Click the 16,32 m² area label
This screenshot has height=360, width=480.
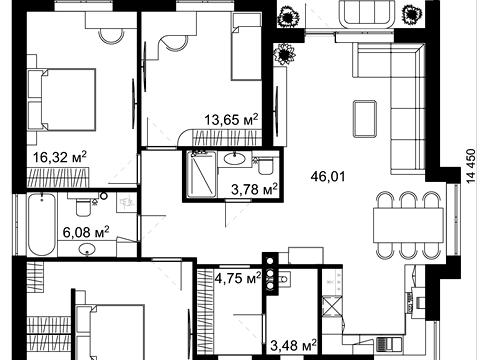coord(60,157)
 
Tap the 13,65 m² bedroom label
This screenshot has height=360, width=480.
coord(231,119)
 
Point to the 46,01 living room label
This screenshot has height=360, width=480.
coord(328,176)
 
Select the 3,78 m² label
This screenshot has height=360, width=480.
coord(254,189)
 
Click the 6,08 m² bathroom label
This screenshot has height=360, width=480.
coord(86,232)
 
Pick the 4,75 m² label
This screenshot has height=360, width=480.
coord(238,278)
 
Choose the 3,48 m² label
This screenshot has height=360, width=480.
coord(293,345)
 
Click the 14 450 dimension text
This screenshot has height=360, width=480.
coord(470,166)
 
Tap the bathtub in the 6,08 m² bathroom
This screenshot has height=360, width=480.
coord(41,225)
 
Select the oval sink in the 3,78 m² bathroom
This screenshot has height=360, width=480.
coord(235,158)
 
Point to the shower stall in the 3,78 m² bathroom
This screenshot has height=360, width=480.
coord(201,174)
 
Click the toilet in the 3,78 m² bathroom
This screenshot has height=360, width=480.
coord(265,166)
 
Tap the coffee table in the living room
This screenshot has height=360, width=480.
coord(365,119)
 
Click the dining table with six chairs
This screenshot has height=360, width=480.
coord(408,225)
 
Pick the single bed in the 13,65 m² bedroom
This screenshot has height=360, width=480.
coord(246,47)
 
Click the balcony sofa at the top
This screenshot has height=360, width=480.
coord(368,12)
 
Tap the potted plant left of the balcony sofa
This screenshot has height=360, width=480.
coord(289,17)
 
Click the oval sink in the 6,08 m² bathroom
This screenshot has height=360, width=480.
coord(87,249)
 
